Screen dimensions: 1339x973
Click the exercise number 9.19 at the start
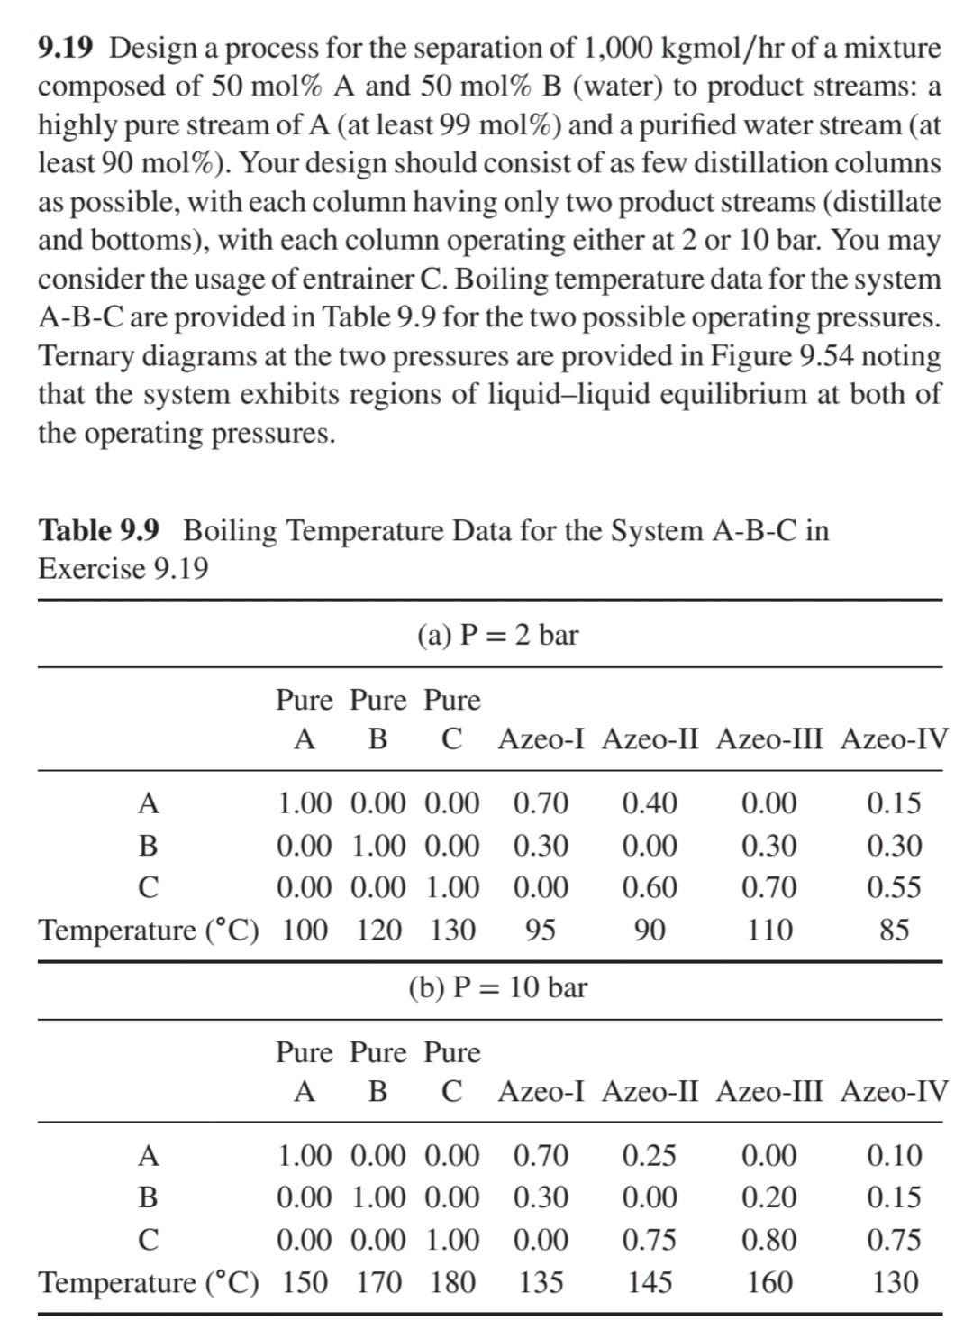(x=66, y=47)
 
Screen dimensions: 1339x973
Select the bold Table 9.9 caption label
(x=98, y=530)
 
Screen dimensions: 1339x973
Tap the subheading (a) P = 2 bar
(x=497, y=635)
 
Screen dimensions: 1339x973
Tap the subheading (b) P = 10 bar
(x=497, y=987)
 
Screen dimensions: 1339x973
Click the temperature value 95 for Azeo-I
(x=541, y=930)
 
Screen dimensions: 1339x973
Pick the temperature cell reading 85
(x=894, y=930)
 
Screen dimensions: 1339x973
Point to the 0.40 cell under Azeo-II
(x=650, y=802)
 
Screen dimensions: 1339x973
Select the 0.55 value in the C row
(x=894, y=887)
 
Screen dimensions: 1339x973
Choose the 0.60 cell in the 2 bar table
(x=650, y=887)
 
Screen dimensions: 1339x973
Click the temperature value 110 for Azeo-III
(x=768, y=930)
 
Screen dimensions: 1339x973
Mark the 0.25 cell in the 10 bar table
(x=650, y=1155)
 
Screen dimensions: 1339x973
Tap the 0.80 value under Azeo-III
(x=768, y=1240)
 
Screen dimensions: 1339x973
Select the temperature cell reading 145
(x=650, y=1282)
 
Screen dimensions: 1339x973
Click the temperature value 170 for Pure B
(x=378, y=1282)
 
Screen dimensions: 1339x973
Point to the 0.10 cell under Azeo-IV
(x=894, y=1155)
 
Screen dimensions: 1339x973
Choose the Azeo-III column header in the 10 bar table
(x=770, y=1092)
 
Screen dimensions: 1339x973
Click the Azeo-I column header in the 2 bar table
(x=541, y=739)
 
